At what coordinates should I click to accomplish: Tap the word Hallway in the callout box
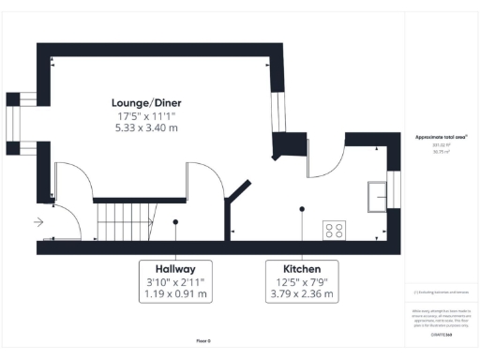[x=176, y=267]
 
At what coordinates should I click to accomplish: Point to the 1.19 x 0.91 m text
[x=176, y=294]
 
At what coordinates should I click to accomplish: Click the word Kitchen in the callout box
[x=301, y=267]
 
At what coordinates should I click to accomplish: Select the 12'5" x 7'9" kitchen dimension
[x=301, y=281]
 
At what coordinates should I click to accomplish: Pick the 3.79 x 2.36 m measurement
[x=301, y=294]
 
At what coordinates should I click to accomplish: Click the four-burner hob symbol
[x=333, y=229]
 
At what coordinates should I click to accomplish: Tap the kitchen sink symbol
[x=379, y=193]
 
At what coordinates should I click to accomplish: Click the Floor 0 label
[x=203, y=341]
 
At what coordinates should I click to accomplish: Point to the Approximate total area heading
[x=441, y=138]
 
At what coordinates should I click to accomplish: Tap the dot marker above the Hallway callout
[x=176, y=222]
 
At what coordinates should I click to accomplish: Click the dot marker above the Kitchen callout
[x=301, y=210]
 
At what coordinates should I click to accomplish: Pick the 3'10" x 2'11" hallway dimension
[x=176, y=281]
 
